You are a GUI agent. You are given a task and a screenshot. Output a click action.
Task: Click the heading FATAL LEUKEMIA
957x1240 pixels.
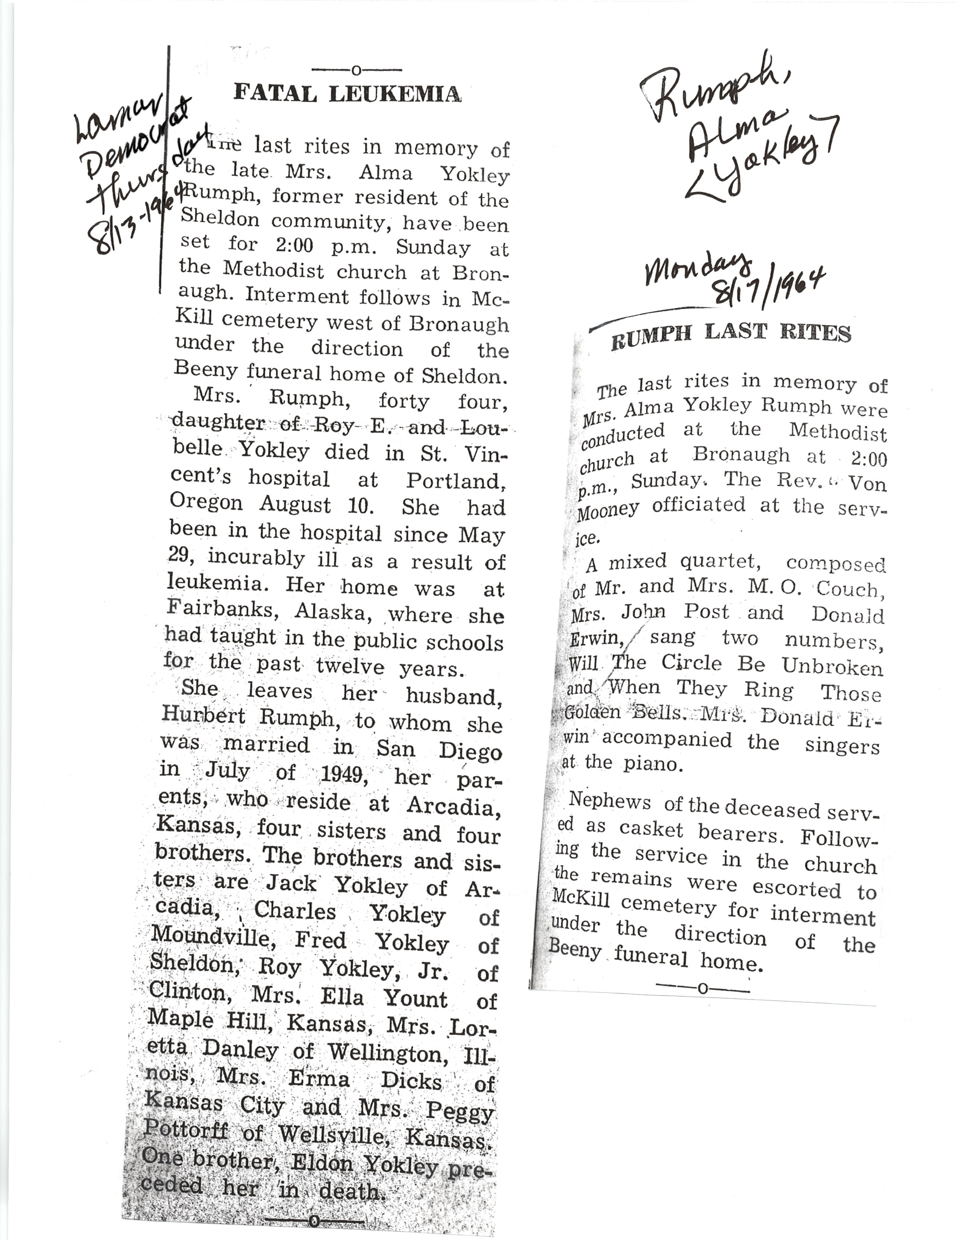pos(347,93)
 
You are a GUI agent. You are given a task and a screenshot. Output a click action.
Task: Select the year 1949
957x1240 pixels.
pos(341,773)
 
